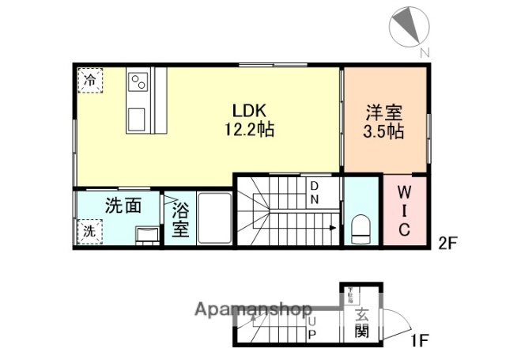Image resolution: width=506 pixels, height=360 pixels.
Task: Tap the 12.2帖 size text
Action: [x=249, y=129]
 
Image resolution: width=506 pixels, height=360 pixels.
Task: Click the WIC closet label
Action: [x=402, y=210]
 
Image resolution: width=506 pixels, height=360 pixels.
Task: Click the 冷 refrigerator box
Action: [x=90, y=80]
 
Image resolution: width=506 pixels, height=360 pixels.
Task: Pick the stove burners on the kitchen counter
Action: [x=139, y=82]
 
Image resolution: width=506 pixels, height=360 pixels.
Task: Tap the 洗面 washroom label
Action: [x=123, y=206]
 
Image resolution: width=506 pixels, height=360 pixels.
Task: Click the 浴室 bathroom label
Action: [x=179, y=221]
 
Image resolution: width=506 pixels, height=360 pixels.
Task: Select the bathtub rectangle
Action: [x=213, y=218]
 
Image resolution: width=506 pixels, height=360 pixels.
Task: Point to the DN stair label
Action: [x=313, y=192]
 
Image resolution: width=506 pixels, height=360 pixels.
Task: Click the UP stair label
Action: [x=312, y=328]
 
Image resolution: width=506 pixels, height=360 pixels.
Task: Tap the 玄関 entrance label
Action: [x=361, y=323]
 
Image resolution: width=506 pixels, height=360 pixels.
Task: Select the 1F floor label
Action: [x=419, y=342]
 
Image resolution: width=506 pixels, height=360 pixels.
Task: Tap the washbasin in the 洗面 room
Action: [x=146, y=234]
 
